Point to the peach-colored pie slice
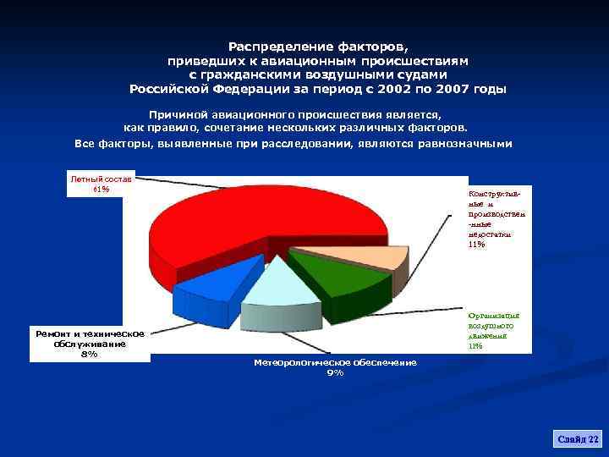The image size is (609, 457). point(355,254)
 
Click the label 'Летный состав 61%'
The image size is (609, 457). point(101,184)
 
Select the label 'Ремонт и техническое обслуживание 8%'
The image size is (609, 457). point(90,344)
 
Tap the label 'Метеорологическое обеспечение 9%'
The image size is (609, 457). point(335,367)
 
